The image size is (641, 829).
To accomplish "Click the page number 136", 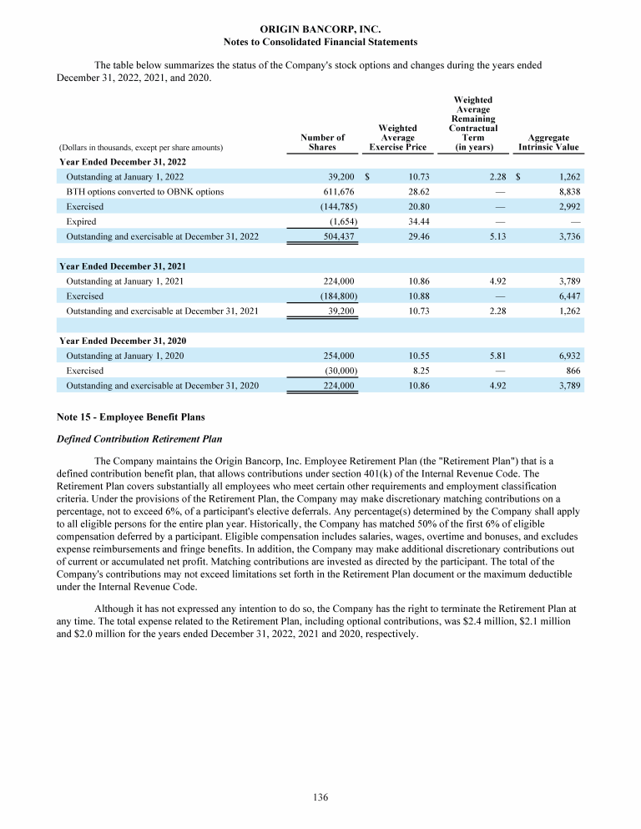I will click(320, 797).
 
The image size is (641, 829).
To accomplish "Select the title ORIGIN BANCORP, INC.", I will click(320, 29).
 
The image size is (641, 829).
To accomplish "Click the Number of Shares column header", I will click(322, 142).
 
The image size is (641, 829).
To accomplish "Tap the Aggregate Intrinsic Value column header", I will click(548, 142).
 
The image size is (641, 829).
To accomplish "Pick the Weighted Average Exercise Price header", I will click(397, 137).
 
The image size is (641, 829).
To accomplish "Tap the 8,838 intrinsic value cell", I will click(568, 191).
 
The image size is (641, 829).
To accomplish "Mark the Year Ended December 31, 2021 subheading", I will click(122, 265).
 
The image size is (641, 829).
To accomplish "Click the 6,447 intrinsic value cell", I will click(568, 296).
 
